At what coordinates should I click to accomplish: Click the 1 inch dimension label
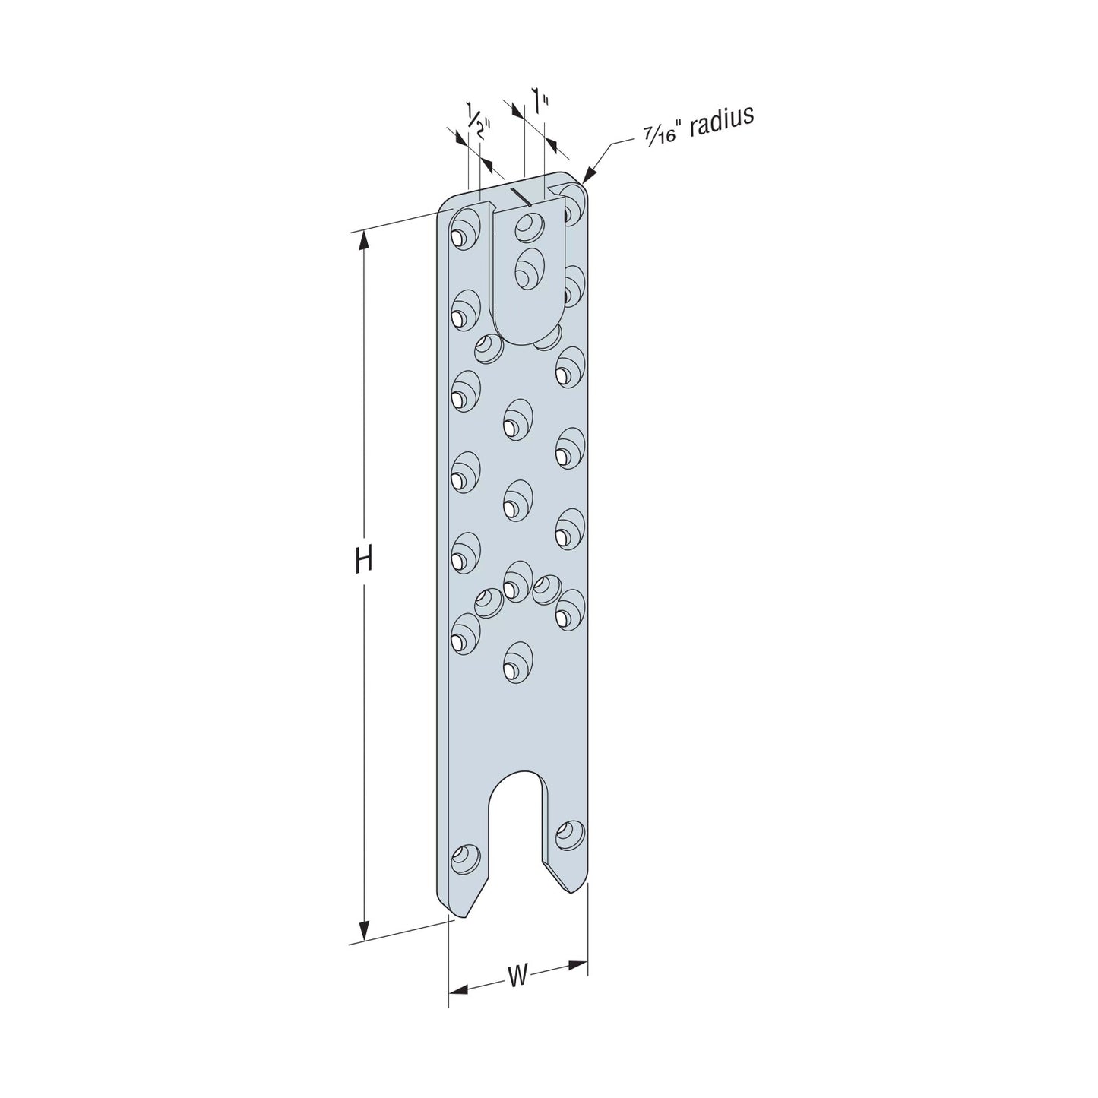[x=540, y=101]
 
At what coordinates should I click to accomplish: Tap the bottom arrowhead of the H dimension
[x=363, y=929]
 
